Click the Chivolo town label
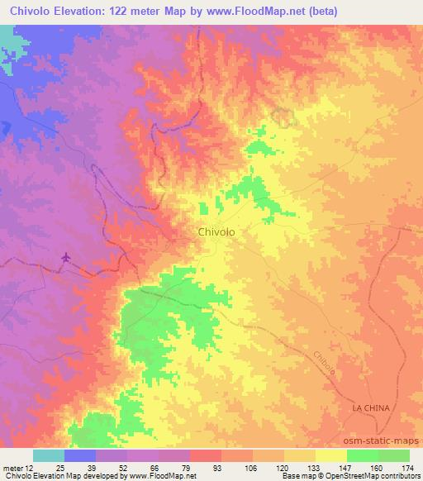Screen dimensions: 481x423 click(216, 232)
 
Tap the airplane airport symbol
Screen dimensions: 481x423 click(66, 258)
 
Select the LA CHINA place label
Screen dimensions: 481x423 click(369, 409)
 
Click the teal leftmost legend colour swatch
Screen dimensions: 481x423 click(49, 455)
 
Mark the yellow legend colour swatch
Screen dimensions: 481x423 click(330, 455)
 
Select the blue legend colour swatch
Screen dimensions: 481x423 click(80, 455)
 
